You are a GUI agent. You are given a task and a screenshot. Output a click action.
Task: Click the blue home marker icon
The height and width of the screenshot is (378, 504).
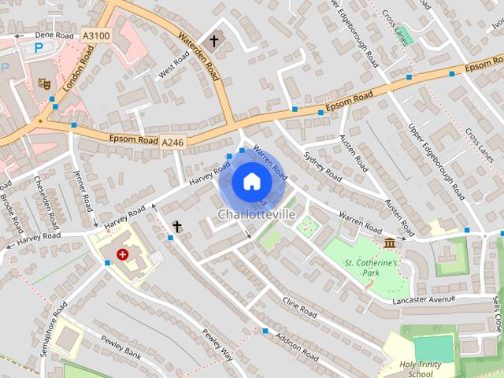click(x=251, y=182)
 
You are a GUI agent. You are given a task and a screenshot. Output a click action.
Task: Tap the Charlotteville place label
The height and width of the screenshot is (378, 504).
click(x=256, y=214)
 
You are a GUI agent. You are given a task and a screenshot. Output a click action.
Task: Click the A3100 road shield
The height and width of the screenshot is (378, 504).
click(x=95, y=35)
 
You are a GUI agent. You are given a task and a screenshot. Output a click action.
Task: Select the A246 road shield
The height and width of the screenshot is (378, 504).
click(x=172, y=143)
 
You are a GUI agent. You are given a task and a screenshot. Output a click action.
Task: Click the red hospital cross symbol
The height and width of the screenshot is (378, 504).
click(x=122, y=254)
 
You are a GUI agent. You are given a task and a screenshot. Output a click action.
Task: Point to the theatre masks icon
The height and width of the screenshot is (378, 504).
click(x=45, y=81)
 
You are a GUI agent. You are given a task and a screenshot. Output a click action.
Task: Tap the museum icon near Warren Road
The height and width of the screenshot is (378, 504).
click(x=389, y=243)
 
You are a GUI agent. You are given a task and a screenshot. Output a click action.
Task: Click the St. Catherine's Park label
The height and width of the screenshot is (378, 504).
click(x=372, y=268)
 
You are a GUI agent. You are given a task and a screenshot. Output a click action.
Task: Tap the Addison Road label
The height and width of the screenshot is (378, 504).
click(x=297, y=346)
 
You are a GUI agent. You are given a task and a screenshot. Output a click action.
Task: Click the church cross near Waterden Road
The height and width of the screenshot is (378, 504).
click(x=214, y=39)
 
